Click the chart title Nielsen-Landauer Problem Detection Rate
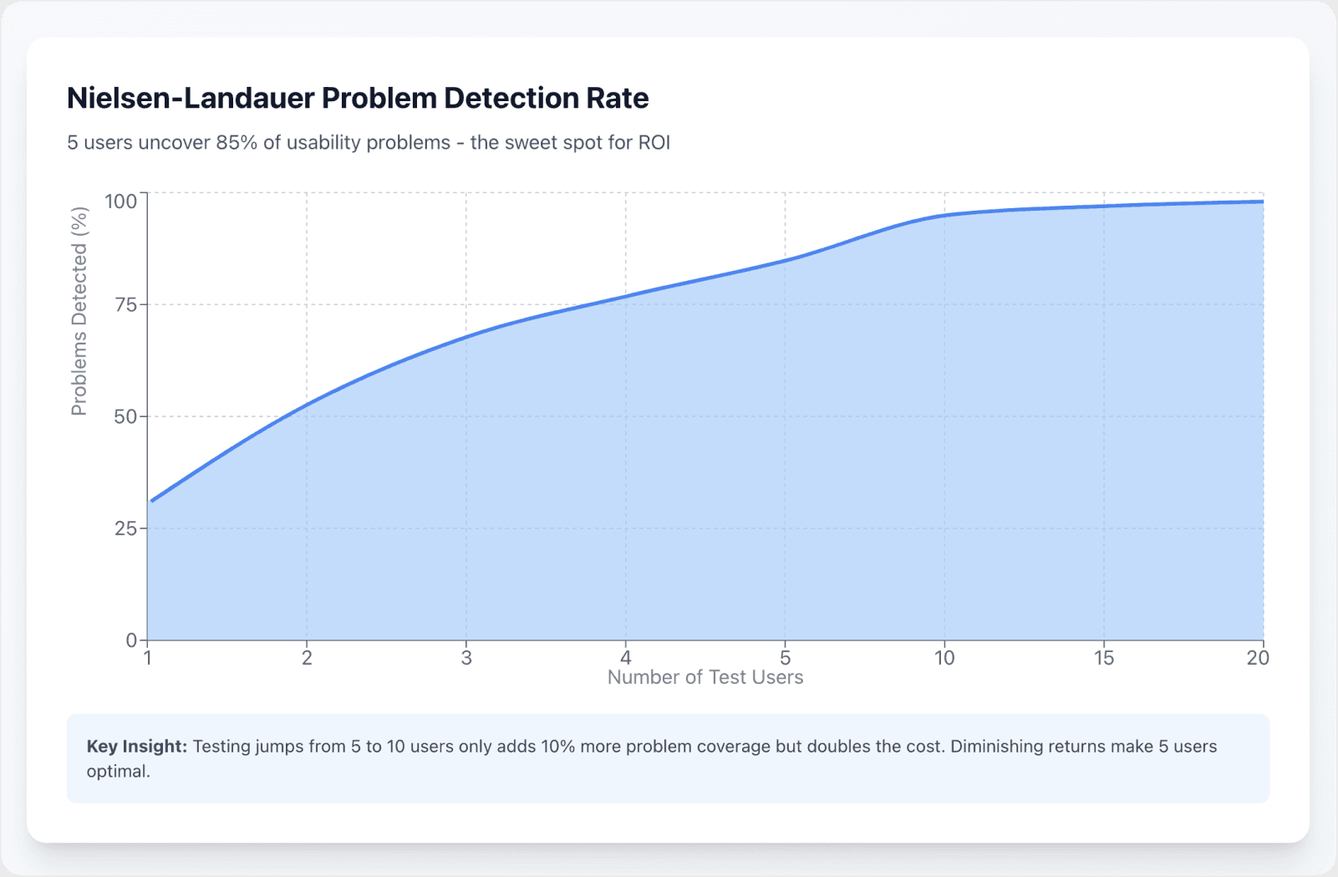click(358, 99)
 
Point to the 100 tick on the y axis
click(120, 201)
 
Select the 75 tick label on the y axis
click(125, 305)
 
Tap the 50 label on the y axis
click(125, 416)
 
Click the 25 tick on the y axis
click(125, 528)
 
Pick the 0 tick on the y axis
click(131, 640)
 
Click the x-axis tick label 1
click(148, 659)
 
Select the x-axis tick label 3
click(466, 659)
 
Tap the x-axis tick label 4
click(626, 659)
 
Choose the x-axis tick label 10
click(944, 659)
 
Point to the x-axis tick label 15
click(1104, 659)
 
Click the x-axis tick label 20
click(1258, 659)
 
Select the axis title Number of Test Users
click(705, 678)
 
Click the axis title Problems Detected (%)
click(79, 312)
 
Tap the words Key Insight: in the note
click(137, 747)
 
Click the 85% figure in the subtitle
click(237, 143)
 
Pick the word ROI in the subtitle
click(654, 143)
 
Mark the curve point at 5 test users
click(786, 260)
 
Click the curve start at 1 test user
click(150, 502)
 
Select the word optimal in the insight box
click(118, 772)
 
